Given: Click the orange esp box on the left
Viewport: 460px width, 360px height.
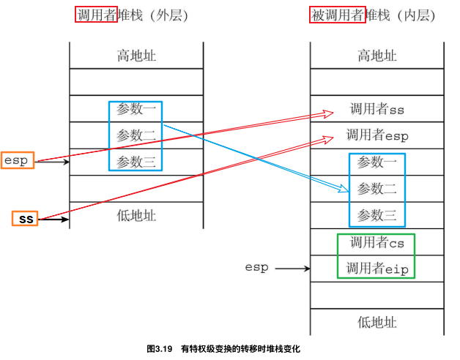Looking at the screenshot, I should click(18, 160).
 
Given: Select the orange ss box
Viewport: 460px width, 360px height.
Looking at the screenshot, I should click(26, 218).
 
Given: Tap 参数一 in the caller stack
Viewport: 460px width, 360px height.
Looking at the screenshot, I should click(136, 110).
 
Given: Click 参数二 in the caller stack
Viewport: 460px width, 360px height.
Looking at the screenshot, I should click(136, 135).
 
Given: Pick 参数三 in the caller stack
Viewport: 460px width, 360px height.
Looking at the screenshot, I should click(136, 161).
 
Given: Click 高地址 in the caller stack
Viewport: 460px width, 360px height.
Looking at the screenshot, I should click(136, 56).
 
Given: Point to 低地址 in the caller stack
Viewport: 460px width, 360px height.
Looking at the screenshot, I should click(136, 215).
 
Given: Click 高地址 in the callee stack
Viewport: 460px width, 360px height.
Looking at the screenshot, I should click(377, 56).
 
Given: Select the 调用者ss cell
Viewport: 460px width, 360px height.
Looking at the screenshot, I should click(377, 110).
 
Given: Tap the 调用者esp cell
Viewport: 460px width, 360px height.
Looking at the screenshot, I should click(377, 135).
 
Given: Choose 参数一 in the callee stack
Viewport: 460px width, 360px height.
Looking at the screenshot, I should click(377, 162).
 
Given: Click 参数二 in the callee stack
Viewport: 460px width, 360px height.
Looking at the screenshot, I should click(377, 189).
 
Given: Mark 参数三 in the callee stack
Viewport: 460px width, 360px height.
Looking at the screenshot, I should click(377, 215).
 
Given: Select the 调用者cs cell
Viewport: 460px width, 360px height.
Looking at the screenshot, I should click(377, 242).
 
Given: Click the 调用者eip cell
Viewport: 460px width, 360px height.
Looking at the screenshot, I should click(377, 269).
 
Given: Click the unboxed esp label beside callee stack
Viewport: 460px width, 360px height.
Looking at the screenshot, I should click(256, 268).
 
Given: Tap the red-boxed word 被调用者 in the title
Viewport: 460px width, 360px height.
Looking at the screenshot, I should click(338, 15).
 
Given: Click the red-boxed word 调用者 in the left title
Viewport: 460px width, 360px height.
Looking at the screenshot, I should click(96, 15).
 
